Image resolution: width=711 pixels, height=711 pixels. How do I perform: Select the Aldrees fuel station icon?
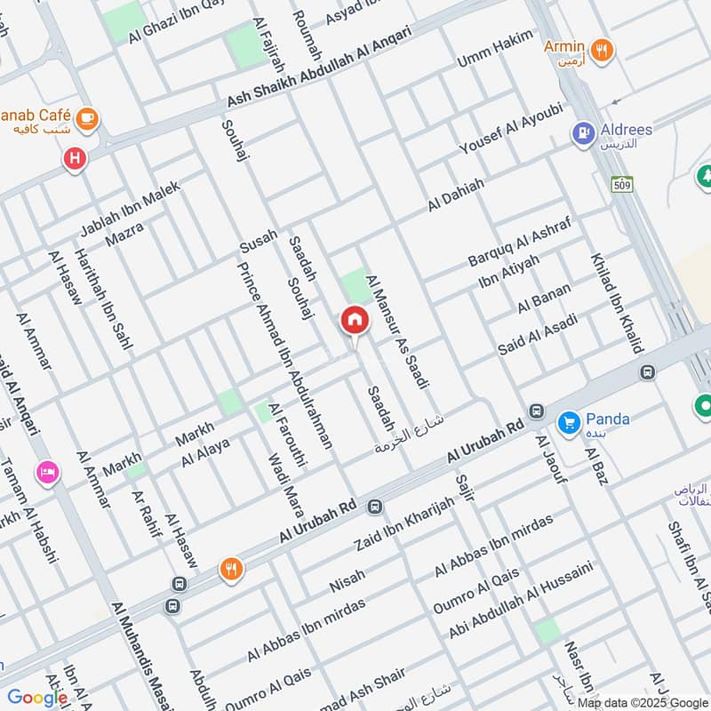[583, 133]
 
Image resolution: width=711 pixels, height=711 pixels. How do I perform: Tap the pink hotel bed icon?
[47, 471]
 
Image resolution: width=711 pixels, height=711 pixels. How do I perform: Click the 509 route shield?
[621, 184]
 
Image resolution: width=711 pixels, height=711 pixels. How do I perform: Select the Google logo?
[37, 698]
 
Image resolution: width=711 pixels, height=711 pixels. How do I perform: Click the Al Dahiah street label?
[456, 195]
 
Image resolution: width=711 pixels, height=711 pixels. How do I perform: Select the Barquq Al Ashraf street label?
[517, 241]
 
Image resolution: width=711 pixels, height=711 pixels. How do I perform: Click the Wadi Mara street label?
[285, 485]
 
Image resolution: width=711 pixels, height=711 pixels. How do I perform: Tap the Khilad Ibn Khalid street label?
[616, 303]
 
